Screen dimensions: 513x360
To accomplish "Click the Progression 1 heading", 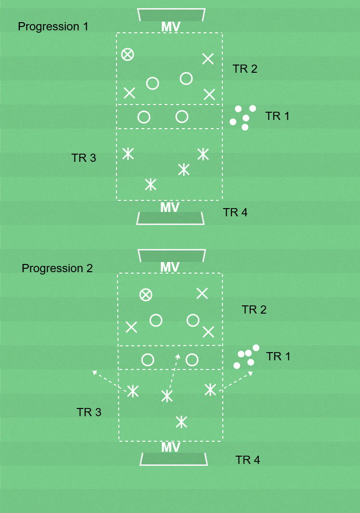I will (53, 26).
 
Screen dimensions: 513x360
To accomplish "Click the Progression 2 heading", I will (57, 268).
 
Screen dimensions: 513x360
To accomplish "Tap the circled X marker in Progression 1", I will (128, 54).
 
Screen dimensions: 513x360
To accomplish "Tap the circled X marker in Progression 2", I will (146, 295).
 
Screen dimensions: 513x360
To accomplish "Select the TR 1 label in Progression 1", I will (277, 116).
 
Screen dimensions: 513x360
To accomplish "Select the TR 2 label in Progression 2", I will (254, 310).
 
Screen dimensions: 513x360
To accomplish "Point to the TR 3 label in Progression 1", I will (83, 158).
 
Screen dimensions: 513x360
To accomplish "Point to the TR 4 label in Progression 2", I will (247, 460).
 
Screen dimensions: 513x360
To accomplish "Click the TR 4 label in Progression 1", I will (235, 212).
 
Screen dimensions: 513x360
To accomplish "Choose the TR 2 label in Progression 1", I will (244, 69).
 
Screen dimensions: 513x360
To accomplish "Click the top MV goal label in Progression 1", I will (171, 27).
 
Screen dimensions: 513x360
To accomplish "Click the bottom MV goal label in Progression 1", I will (170, 208).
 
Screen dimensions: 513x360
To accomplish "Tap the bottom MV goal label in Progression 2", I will (171, 447).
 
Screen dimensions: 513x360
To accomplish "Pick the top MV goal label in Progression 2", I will (170, 267).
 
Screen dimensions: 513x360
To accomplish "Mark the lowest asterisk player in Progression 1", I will (151, 184).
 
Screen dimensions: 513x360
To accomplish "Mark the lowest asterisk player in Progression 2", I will (181, 422).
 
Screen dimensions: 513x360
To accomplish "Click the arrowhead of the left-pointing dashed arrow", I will (94, 372).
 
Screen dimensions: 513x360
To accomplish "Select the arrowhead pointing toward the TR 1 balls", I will (250, 373).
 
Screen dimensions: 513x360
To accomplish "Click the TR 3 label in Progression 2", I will (89, 412).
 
